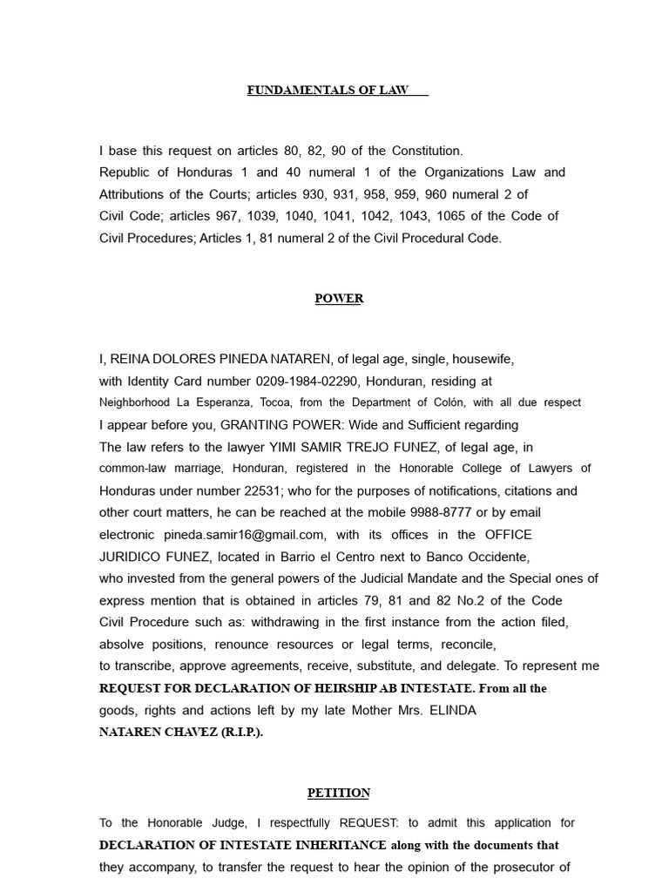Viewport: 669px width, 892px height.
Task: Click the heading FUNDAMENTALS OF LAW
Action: [x=328, y=91]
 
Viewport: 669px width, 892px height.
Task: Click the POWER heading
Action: [x=339, y=299]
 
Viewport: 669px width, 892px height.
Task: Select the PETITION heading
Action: [x=339, y=793]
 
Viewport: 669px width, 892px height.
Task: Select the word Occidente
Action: [x=496, y=557]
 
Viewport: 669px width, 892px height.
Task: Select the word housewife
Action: [x=482, y=359]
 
